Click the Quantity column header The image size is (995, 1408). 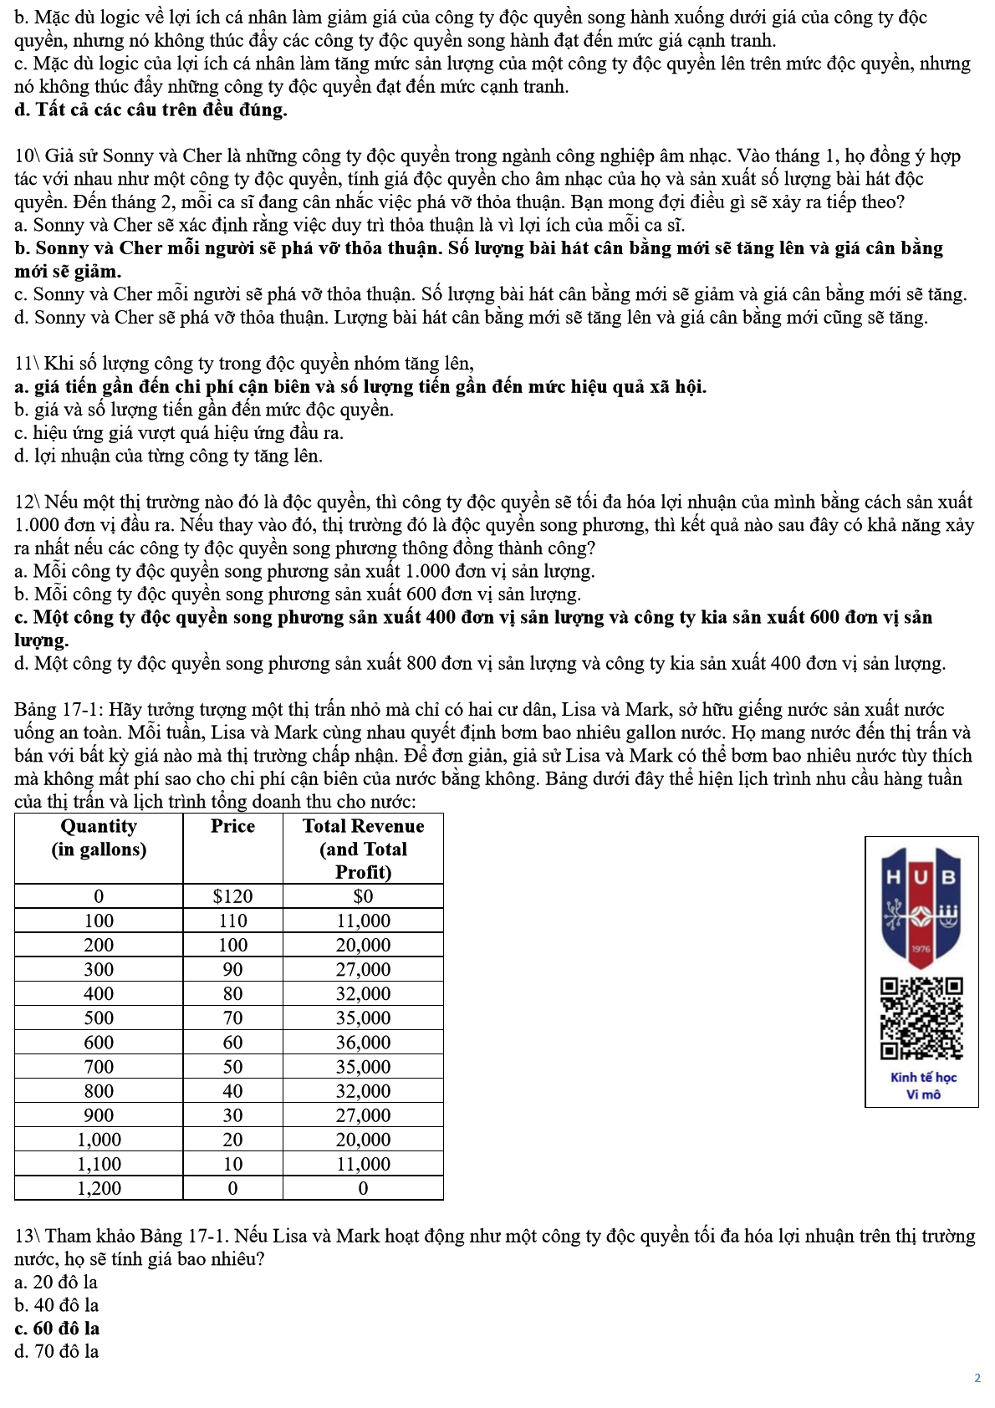click(x=99, y=838)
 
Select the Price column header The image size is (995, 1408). click(x=232, y=826)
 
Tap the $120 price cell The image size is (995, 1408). click(x=232, y=896)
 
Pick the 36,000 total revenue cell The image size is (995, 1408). click(x=363, y=1042)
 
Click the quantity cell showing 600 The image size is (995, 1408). click(x=99, y=1042)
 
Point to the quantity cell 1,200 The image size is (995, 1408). click(x=99, y=1188)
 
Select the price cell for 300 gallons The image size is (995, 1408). click(x=232, y=969)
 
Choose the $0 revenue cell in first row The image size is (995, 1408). click(x=363, y=896)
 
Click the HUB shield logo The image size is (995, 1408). click(x=921, y=907)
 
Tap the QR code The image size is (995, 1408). click(x=921, y=1018)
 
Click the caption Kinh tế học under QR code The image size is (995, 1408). click(x=923, y=1078)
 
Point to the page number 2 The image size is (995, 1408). click(x=977, y=1378)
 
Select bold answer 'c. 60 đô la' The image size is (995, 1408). click(x=57, y=1328)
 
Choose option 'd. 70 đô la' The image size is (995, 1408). click(x=57, y=1351)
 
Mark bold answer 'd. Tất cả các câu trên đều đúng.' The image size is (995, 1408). click(x=151, y=110)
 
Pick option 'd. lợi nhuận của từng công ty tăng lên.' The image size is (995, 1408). click(x=168, y=456)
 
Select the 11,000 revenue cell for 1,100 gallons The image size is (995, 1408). click(x=363, y=1164)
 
